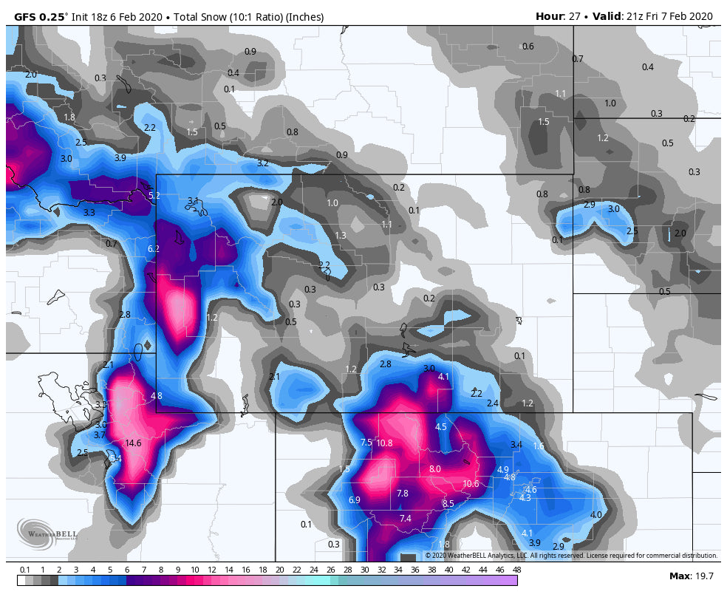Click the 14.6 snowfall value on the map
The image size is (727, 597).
tap(133, 443)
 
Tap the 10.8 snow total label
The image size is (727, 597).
tap(384, 443)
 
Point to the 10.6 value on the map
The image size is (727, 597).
tap(471, 484)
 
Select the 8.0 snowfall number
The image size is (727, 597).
tap(434, 469)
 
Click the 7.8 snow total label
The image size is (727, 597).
tap(402, 494)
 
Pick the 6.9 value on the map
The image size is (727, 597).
tap(354, 500)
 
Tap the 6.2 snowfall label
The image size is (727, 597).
tap(154, 249)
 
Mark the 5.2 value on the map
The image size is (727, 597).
tap(154, 196)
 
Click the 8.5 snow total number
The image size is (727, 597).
tap(448, 504)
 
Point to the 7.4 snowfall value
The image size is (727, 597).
tap(405, 519)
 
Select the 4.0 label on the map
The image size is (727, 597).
tap(596, 515)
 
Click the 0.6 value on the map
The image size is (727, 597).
tap(528, 47)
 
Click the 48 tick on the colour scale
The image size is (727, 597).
tap(517, 570)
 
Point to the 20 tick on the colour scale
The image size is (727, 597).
tap(280, 570)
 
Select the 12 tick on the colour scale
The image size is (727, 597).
tap(212, 570)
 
